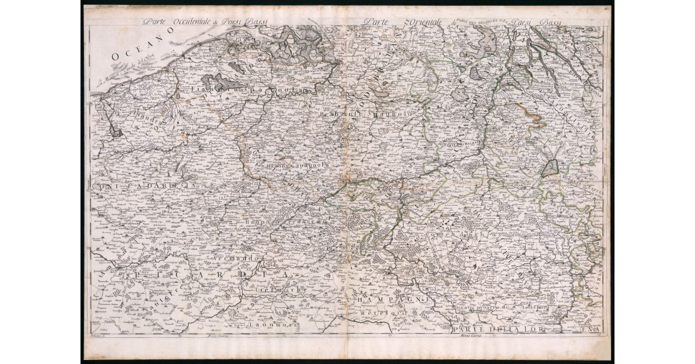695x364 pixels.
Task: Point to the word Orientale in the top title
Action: (x=415, y=22)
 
